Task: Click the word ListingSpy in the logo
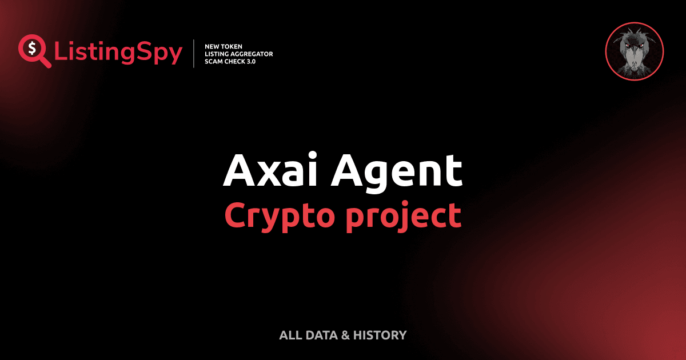118,53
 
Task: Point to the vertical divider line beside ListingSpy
195,54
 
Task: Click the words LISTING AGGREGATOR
238,54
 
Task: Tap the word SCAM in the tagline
214,61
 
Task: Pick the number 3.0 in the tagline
250,61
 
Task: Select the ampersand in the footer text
345,335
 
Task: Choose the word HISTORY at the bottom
380,335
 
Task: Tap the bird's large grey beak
634,57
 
